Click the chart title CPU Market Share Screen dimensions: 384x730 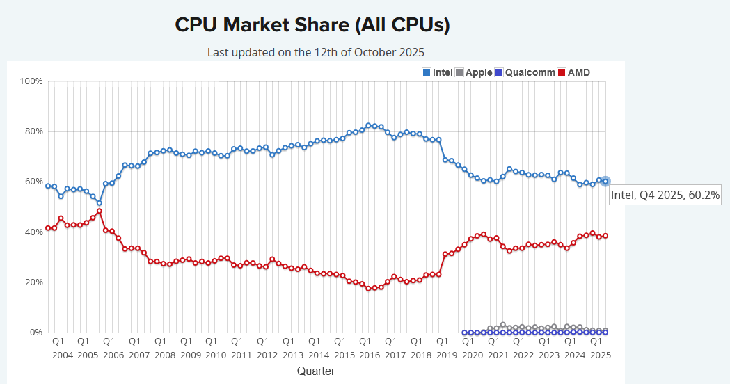312,25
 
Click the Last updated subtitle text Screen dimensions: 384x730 315,52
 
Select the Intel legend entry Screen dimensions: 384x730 438,72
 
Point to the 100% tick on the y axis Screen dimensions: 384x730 31,81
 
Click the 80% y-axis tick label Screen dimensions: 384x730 33,131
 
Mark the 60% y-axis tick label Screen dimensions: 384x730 33,182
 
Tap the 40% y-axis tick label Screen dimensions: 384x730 33,232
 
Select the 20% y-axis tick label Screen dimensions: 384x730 33,282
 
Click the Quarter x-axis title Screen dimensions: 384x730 315,371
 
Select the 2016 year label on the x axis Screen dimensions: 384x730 369,355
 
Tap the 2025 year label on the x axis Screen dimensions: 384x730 600,355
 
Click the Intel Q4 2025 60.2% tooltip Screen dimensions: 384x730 665,195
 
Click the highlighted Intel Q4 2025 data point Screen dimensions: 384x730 605,181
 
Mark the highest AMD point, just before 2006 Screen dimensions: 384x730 100,211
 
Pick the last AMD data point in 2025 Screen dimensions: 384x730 605,235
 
